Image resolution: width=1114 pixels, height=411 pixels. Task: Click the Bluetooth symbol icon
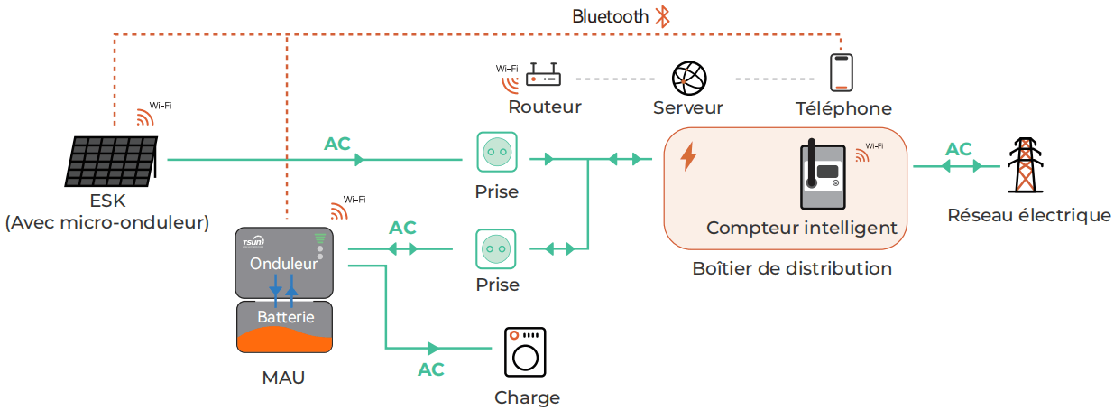point(663,16)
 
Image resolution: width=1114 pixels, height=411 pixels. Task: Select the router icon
point(544,74)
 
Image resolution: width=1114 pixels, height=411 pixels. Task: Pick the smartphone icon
point(841,72)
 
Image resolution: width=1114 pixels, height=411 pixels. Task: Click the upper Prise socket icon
point(497,153)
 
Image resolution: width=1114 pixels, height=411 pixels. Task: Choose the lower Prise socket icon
point(497,248)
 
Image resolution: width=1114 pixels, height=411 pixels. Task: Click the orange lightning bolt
point(688,156)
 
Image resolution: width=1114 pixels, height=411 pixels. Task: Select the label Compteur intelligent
point(801,228)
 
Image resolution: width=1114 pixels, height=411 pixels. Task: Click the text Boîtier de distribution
point(791,268)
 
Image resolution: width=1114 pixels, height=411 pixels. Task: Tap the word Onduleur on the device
point(283,265)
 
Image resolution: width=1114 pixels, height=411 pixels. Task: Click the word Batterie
point(285,317)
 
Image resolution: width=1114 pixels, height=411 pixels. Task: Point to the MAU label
point(283,378)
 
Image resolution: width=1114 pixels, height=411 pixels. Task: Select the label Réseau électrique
point(1028,215)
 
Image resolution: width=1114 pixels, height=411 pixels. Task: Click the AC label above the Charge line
point(431,369)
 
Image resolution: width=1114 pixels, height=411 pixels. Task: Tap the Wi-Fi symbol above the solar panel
point(147,116)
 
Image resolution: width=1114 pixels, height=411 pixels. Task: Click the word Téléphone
point(843,109)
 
